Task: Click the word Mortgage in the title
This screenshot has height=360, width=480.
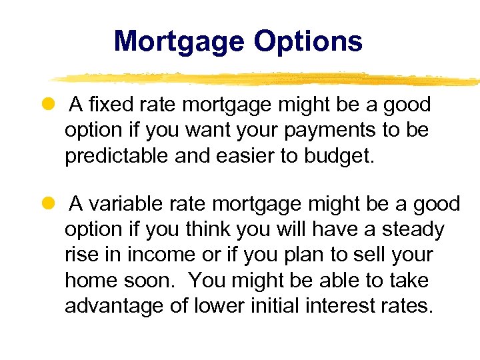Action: point(179,41)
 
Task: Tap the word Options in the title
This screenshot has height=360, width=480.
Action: point(308,41)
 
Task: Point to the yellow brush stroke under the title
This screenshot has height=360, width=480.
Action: point(267,79)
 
